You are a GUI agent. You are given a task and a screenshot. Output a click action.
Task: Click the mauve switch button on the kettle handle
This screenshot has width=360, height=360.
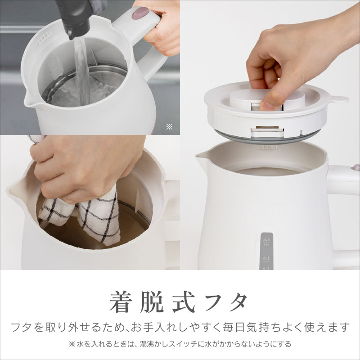point(140,13)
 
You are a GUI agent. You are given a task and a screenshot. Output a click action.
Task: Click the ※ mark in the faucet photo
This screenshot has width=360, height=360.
point(169,126)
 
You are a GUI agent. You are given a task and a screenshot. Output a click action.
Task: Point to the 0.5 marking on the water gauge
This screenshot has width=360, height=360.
point(266,258)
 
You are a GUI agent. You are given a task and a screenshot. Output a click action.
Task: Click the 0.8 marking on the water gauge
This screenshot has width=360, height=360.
point(266,240)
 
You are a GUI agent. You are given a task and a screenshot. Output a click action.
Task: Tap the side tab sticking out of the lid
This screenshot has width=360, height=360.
point(340,99)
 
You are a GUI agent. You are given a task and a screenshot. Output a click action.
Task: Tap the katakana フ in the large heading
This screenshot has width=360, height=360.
point(214,302)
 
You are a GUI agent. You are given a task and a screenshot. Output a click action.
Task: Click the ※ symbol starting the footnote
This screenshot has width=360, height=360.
point(72,344)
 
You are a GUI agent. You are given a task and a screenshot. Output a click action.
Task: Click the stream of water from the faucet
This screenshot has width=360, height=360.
point(81,71)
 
